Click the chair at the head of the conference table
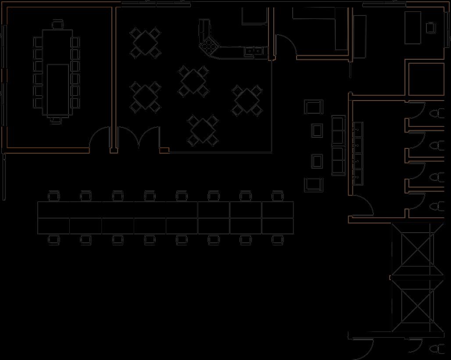(57, 24)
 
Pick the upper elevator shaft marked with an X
(414, 250)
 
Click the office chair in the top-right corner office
(431, 28)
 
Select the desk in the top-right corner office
(413, 27)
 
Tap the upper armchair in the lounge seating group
(314, 107)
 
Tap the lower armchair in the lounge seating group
(314, 184)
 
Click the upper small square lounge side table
(317, 130)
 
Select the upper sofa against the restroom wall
(338, 130)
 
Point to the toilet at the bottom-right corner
(437, 349)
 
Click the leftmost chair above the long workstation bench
(54, 196)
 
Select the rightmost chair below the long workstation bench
(277, 240)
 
